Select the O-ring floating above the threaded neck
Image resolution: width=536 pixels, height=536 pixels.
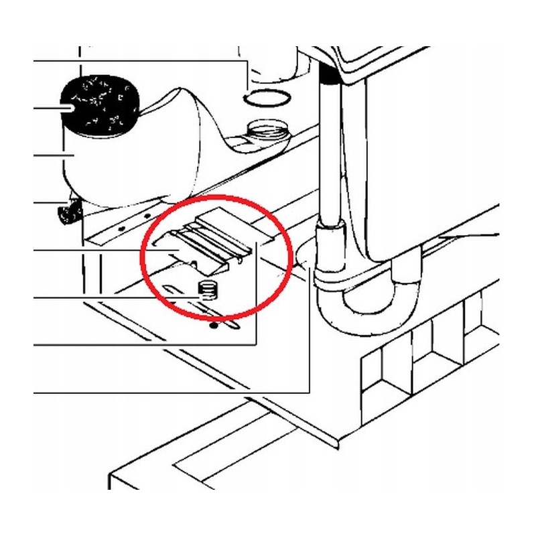(268, 98)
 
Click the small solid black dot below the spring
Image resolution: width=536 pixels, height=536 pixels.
(213, 326)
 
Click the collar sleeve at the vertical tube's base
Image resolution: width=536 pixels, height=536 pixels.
(330, 248)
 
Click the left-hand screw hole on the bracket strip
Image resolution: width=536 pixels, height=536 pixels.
(121, 228)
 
